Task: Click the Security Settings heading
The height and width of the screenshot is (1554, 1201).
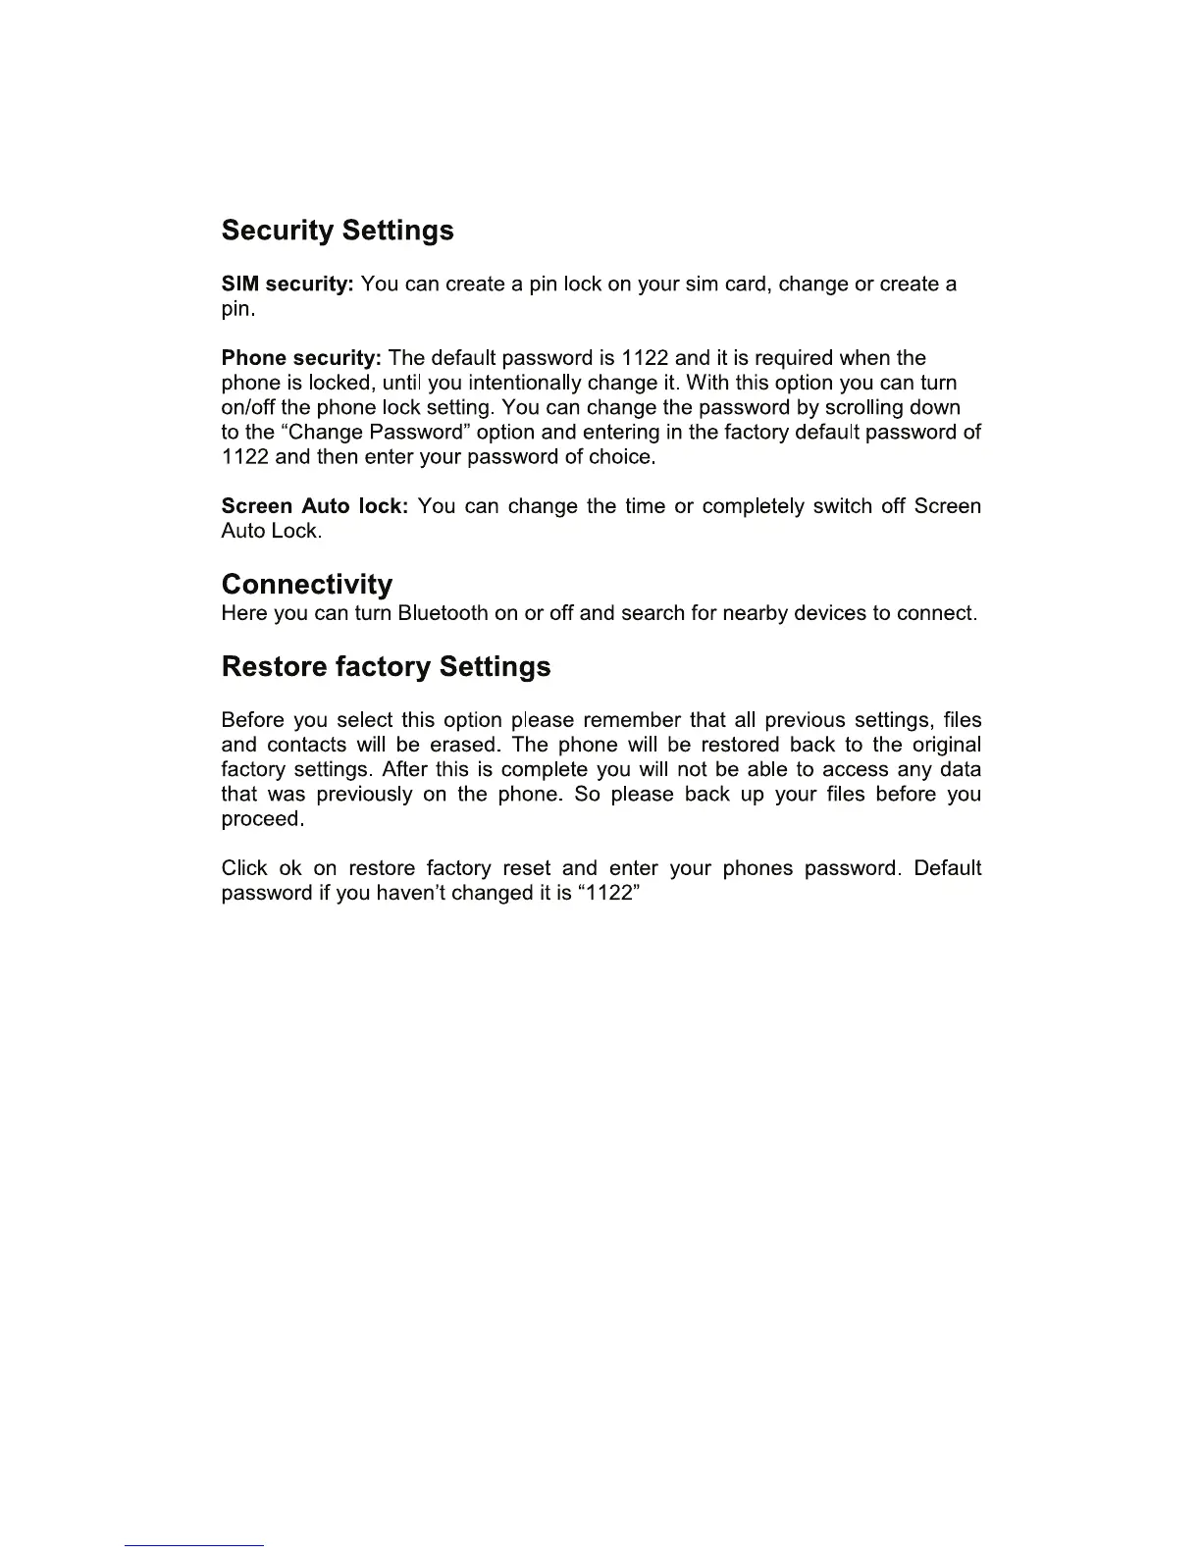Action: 338,231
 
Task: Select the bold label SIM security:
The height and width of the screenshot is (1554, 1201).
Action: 287,285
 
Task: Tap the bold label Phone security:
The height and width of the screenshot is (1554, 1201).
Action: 301,358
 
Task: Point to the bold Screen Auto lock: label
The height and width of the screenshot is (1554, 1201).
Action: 314,506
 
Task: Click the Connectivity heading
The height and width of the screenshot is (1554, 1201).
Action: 307,585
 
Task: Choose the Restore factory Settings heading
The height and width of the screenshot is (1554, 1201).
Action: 386,667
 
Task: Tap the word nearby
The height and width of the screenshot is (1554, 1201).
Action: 755,614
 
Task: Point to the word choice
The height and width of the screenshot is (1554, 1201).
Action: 621,457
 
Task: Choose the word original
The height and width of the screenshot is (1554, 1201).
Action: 941,746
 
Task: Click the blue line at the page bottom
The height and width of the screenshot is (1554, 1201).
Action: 194,1545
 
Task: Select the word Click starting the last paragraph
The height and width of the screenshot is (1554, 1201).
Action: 244,869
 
